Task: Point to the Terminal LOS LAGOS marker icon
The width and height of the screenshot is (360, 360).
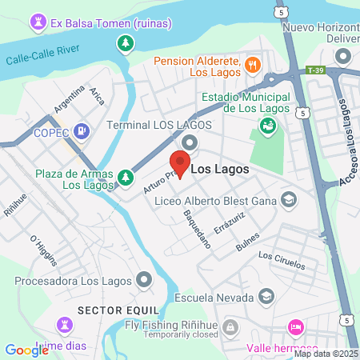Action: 190,142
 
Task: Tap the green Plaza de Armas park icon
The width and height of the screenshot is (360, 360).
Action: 125,177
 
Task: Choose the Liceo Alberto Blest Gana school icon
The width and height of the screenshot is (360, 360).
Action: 288,200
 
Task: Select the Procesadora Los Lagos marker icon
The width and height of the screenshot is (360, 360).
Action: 144,280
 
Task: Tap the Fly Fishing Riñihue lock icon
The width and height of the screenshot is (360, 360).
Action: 230,328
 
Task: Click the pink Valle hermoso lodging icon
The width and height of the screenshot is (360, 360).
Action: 295,328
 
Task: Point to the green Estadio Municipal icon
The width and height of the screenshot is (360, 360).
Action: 267,126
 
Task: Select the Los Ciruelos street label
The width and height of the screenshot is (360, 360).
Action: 282,260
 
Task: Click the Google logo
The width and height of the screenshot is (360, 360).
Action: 26,350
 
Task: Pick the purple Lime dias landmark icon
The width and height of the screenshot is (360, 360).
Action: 64,324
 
